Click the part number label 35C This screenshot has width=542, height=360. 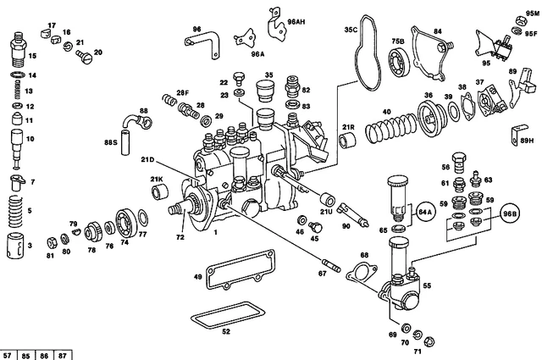350,29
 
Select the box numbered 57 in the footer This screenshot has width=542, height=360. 8,354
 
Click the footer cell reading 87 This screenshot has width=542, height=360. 63,354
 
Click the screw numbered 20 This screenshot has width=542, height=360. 83,57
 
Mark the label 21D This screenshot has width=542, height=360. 148,158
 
